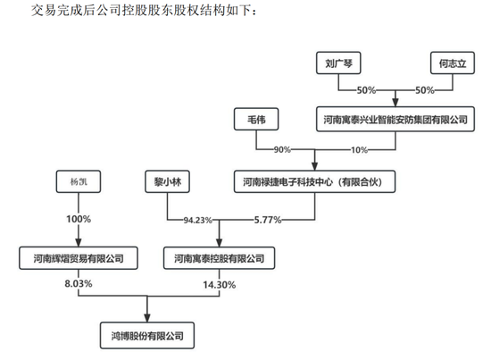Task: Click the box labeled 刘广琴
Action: pyautogui.click(x=338, y=63)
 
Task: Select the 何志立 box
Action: pyautogui.click(x=453, y=63)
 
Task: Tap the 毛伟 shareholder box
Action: pyautogui.click(x=256, y=119)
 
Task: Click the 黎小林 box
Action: pyautogui.click(x=167, y=181)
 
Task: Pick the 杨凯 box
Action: pyautogui.click(x=79, y=181)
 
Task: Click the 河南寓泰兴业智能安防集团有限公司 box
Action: pyautogui.click(x=395, y=119)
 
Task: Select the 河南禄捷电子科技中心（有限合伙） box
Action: pyautogui.click(x=315, y=181)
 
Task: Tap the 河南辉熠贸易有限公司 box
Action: pyautogui.click(x=79, y=258)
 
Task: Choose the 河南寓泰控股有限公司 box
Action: pyautogui.click(x=220, y=258)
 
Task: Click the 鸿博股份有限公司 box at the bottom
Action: pyautogui.click(x=147, y=336)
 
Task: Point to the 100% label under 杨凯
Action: pyautogui.click(x=79, y=219)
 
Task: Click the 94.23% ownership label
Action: pyautogui.click(x=198, y=220)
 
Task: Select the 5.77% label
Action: pyautogui.click(x=268, y=220)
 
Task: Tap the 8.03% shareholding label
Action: pyautogui.click(x=79, y=283)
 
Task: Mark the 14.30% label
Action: pyautogui.click(x=220, y=285)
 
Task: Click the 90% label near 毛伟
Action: pyautogui.click(x=282, y=150)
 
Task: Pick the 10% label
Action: pyautogui.click(x=359, y=150)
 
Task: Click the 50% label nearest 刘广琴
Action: pyautogui.click(x=366, y=90)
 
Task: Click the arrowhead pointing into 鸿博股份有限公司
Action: pyautogui.click(x=147, y=318)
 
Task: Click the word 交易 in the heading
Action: pyautogui.click(x=44, y=10)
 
